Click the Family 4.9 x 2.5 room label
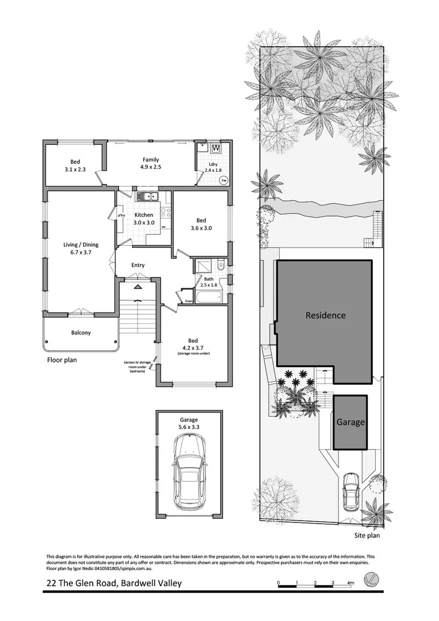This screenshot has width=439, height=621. (x=151, y=163)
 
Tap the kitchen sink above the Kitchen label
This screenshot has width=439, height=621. (x=146, y=196)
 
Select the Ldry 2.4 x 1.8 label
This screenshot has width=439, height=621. (x=213, y=167)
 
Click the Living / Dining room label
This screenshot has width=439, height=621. (x=81, y=248)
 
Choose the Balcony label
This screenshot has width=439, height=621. (x=81, y=332)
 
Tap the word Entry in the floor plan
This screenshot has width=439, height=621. (x=138, y=265)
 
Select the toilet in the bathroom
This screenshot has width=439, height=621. (x=221, y=264)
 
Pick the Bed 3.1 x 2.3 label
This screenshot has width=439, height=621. (x=75, y=165)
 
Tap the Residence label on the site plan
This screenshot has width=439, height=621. (x=325, y=315)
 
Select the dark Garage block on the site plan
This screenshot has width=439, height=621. (x=350, y=422)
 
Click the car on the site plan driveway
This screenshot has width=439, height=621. (x=350, y=490)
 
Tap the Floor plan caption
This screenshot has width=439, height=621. (x=62, y=361)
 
